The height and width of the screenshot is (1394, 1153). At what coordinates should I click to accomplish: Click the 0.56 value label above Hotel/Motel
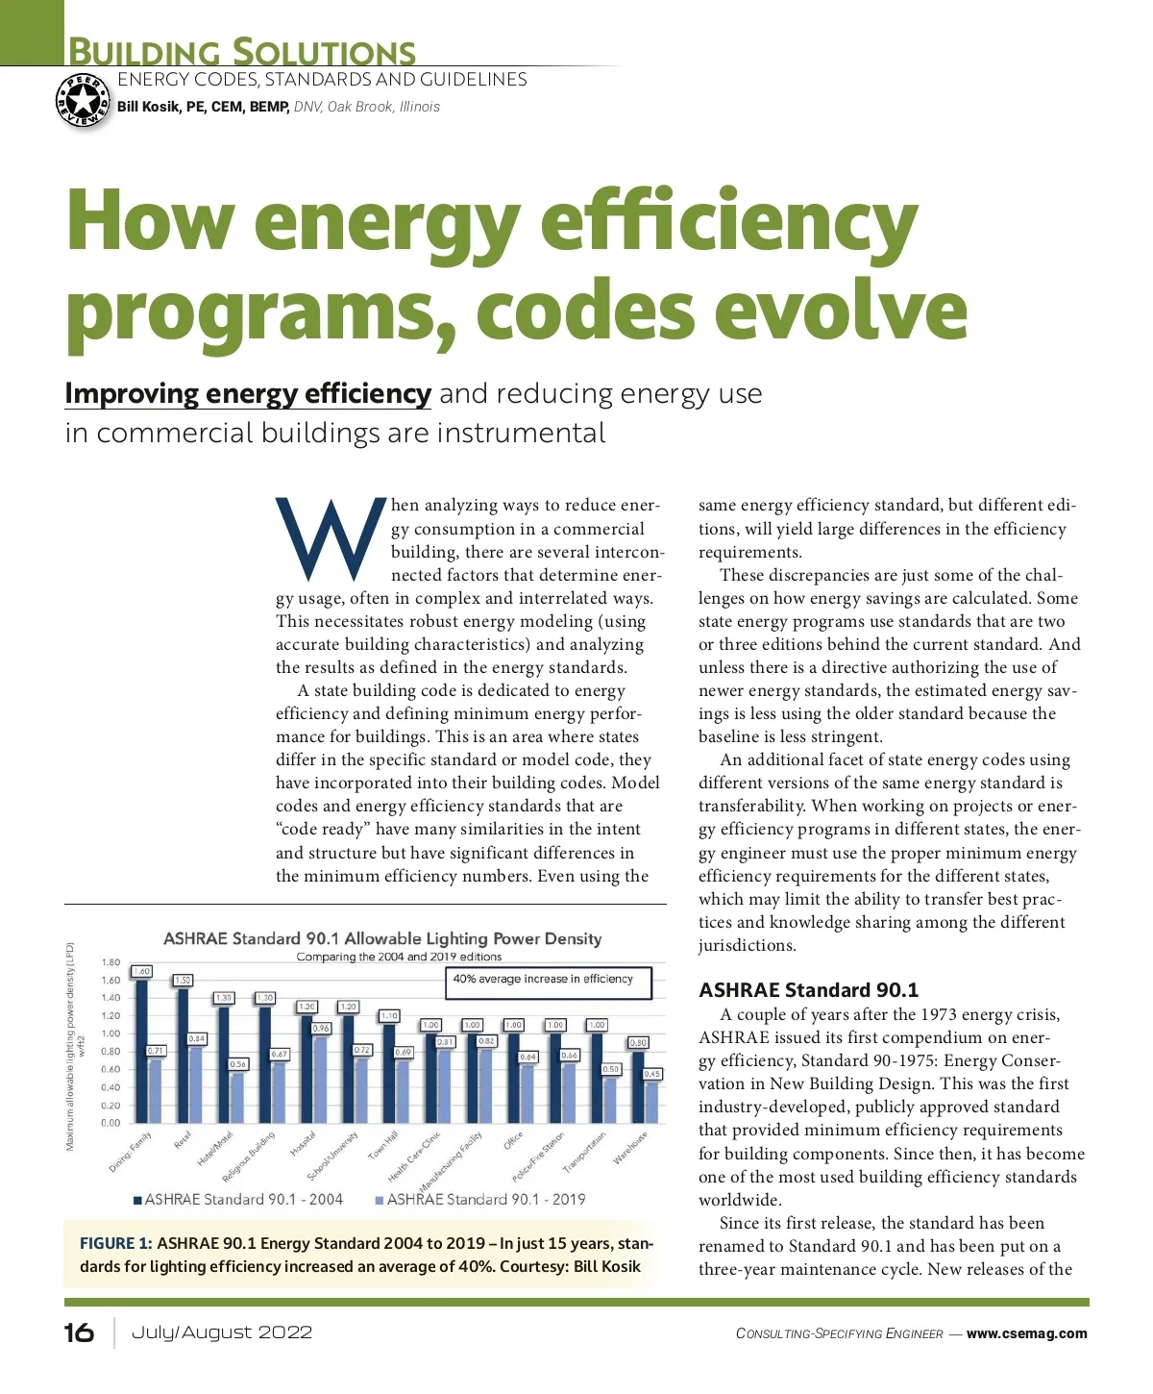click(x=238, y=1064)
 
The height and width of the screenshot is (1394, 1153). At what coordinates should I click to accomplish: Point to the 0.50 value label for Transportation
click(x=611, y=1069)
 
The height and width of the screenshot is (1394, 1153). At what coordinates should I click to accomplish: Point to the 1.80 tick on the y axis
click(x=111, y=962)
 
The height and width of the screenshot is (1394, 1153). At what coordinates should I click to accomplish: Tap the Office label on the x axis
click(x=514, y=1141)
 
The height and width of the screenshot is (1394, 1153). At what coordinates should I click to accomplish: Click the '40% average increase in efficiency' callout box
click(x=548, y=982)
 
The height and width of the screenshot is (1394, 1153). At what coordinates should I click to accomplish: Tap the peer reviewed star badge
click(x=84, y=100)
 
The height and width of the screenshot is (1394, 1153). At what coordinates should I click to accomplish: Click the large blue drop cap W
click(x=330, y=540)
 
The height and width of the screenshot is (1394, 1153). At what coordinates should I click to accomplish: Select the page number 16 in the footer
click(x=79, y=1332)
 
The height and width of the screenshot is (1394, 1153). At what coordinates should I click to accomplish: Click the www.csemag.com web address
click(x=1026, y=1333)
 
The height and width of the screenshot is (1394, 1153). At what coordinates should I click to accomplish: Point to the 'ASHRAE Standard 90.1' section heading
click(x=808, y=990)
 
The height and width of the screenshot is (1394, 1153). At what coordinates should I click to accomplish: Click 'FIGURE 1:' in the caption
click(x=115, y=1243)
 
